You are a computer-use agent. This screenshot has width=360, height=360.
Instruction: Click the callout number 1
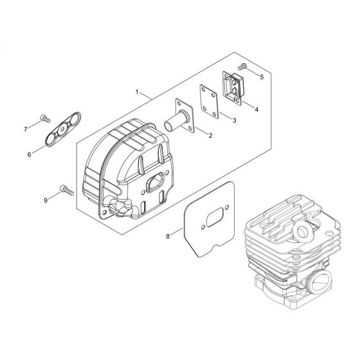tap(137, 93)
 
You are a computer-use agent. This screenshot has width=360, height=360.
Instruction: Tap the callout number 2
tap(210, 136)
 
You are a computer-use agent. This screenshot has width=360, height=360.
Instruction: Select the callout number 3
tap(234, 120)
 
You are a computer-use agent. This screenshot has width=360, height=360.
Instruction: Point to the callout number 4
tap(256, 110)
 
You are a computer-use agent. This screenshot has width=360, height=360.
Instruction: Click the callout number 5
tap(262, 77)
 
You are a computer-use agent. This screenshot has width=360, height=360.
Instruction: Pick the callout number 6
tap(29, 155)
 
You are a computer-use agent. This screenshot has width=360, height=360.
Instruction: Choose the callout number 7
tap(26, 129)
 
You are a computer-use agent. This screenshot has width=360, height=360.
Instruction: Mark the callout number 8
tap(168, 236)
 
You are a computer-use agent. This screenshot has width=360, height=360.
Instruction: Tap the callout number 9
tap(46, 201)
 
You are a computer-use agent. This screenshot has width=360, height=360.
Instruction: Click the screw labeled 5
tap(242, 67)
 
